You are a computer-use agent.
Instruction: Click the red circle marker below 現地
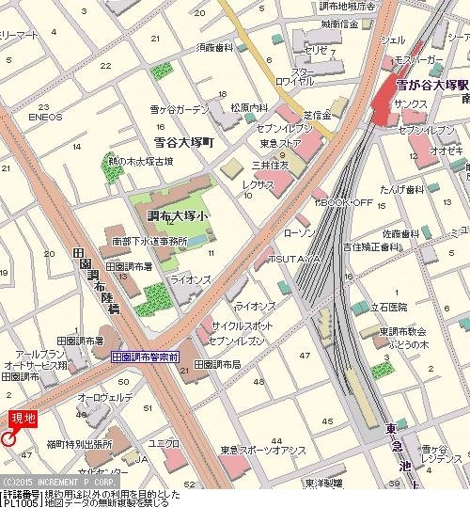(x=9, y=438)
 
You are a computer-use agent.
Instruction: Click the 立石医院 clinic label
(x=386, y=307)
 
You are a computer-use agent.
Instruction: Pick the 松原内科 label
(x=251, y=108)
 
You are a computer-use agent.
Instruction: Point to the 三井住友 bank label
(x=279, y=164)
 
